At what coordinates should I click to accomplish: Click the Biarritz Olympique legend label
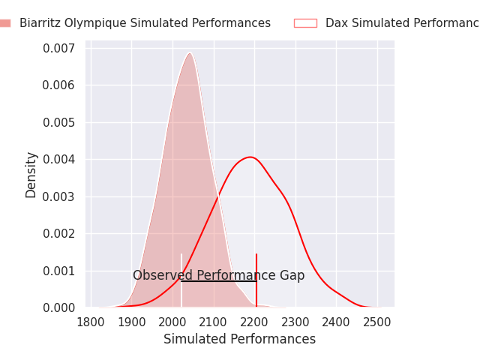click(x=145, y=23)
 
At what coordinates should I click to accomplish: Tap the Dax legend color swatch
click(x=305, y=23)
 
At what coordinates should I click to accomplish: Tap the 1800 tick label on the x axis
click(x=91, y=322)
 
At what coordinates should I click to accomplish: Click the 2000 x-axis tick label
click(x=172, y=322)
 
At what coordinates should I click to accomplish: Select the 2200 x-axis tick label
click(x=254, y=322)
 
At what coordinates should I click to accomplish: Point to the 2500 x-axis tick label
click(x=377, y=322)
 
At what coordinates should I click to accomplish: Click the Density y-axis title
click(x=31, y=175)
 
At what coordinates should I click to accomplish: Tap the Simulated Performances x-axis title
click(x=239, y=339)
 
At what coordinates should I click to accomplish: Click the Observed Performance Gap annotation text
click(x=218, y=275)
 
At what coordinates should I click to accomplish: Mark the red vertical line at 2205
click(x=256, y=292)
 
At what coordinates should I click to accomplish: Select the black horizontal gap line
click(x=219, y=281)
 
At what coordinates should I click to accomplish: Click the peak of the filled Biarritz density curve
click(x=190, y=53)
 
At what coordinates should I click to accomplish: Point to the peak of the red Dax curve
click(x=250, y=157)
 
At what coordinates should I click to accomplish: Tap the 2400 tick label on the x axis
click(x=336, y=322)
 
